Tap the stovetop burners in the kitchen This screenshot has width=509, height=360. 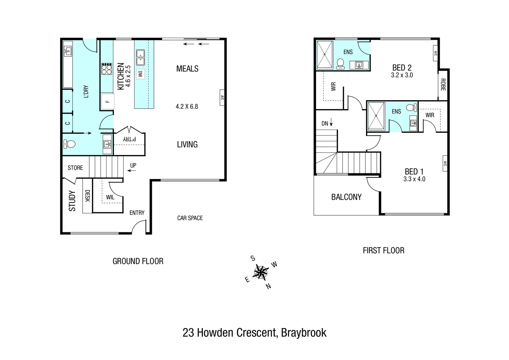point(107,69)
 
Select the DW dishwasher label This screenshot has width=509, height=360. point(140,74)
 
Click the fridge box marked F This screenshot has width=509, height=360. point(108,101)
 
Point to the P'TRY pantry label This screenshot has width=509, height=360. point(129,139)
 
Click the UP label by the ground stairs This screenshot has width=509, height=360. point(133,165)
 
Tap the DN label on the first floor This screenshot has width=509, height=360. point(325,123)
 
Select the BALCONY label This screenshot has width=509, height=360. point(346,197)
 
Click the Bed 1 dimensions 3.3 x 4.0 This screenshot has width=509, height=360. point(414,179)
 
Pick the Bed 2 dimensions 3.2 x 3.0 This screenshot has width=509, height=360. point(402,75)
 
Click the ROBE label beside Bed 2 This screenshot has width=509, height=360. point(443,85)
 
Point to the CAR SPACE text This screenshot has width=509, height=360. point(190,218)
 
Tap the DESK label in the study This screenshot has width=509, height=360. point(87,196)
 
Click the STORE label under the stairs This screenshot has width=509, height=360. point(75,168)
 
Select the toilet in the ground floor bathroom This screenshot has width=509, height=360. point(69,144)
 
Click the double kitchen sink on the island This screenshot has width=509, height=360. point(140,57)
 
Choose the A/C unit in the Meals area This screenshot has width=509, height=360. point(222,98)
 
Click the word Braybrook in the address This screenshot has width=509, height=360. point(303,333)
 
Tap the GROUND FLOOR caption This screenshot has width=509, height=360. point(138,261)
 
